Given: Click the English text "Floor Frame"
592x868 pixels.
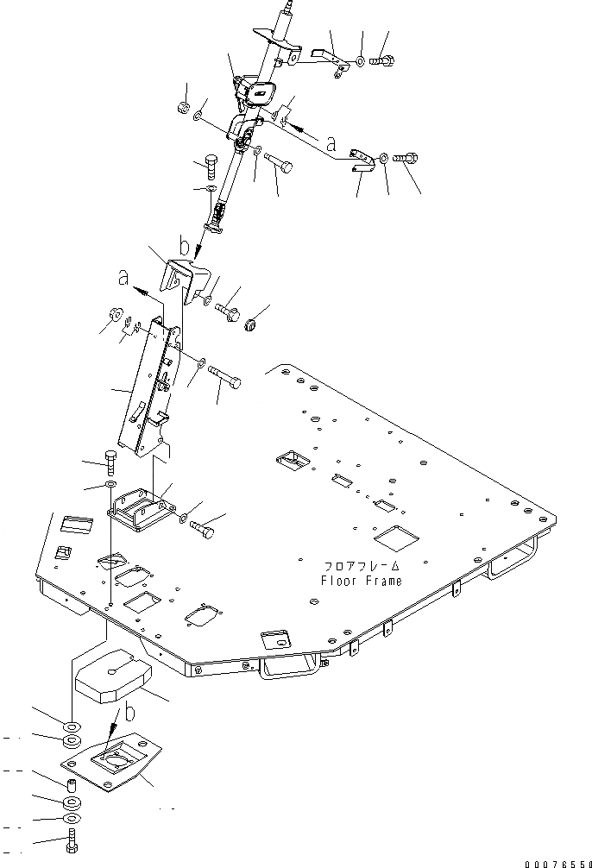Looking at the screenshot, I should (x=361, y=581).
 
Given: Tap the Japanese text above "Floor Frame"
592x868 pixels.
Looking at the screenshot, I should (x=362, y=566).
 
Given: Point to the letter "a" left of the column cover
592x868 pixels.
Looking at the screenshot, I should (x=124, y=278).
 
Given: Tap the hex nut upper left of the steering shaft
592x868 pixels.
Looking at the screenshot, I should (x=183, y=108).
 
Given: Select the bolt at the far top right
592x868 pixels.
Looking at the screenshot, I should (x=384, y=61).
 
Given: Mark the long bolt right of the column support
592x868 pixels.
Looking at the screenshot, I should (x=224, y=378).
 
